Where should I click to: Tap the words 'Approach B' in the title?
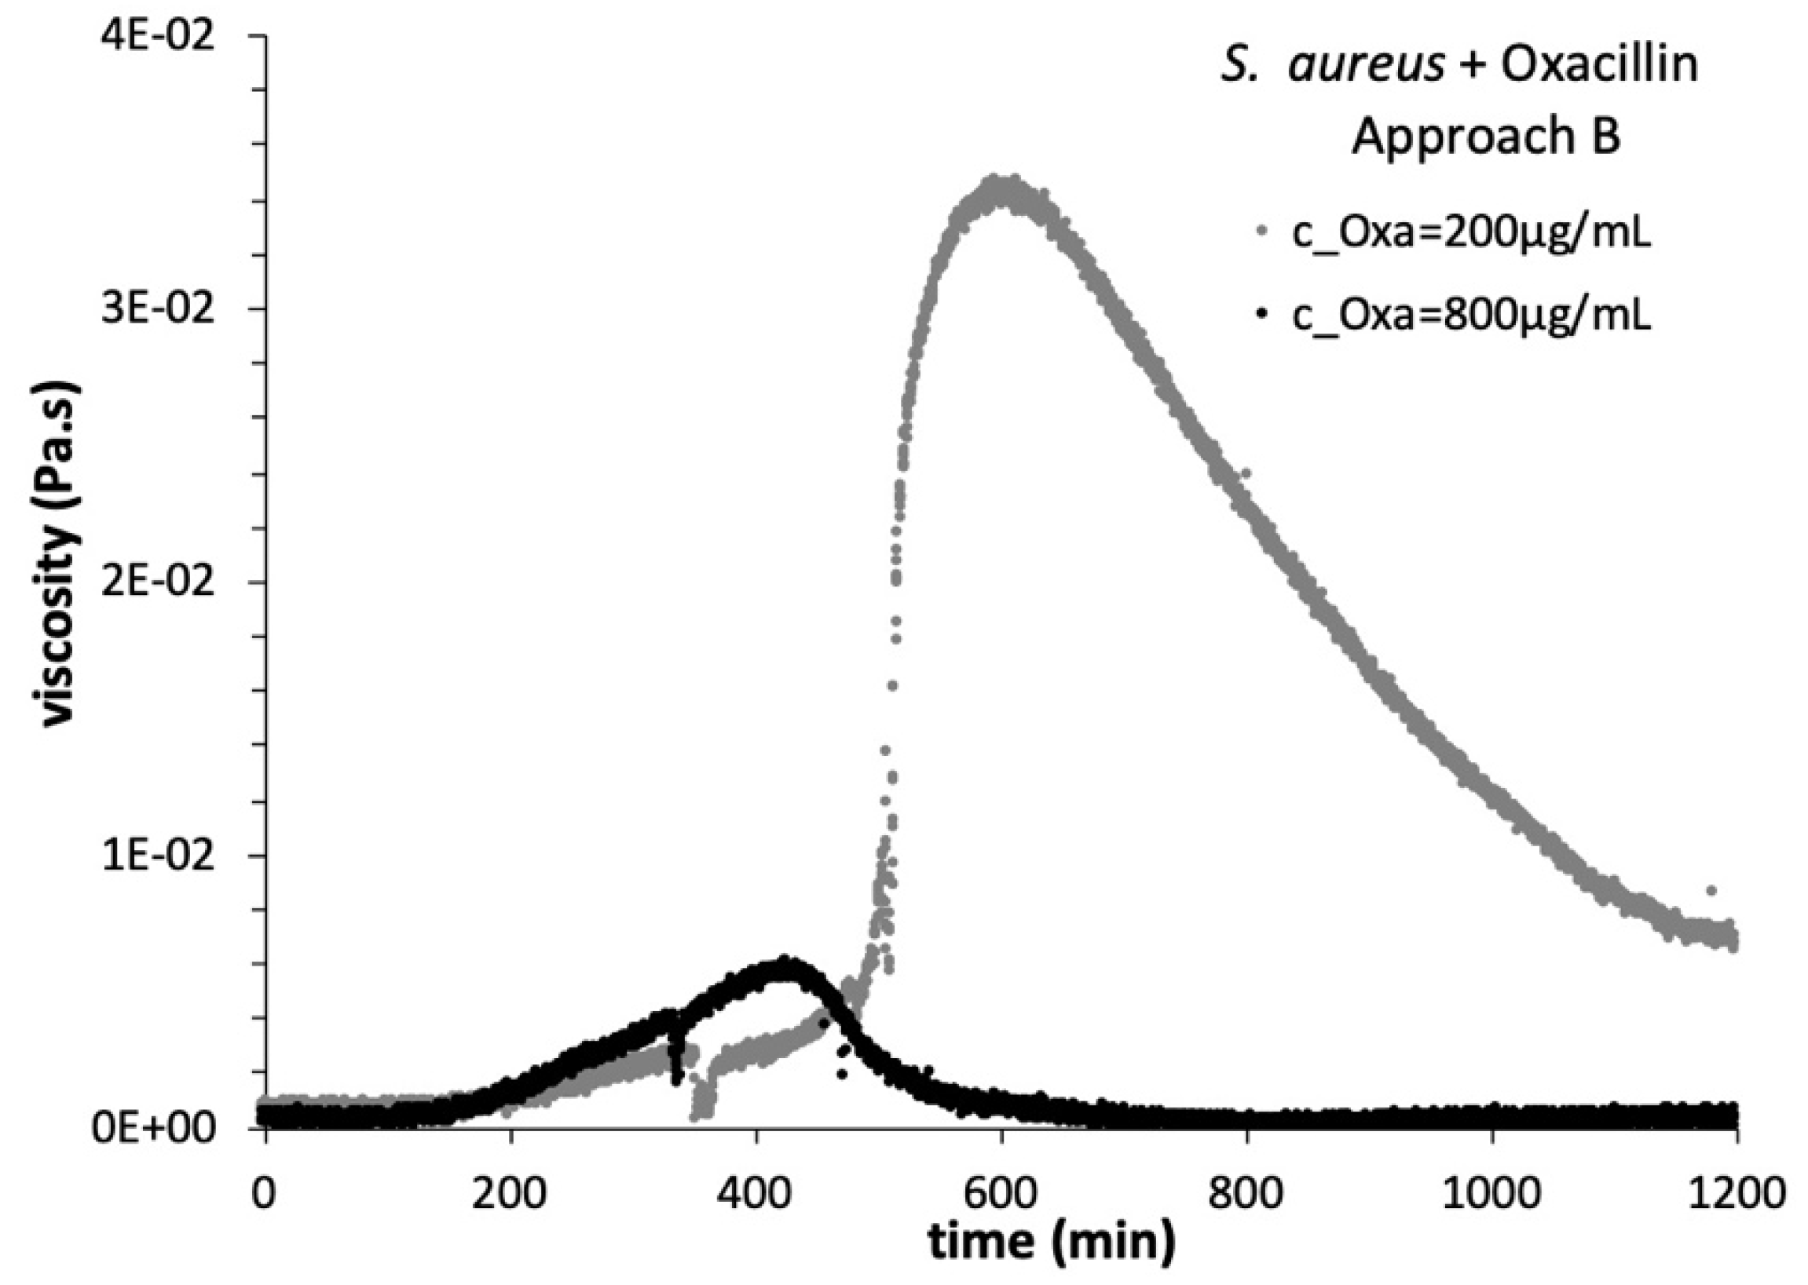click(x=1486, y=136)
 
